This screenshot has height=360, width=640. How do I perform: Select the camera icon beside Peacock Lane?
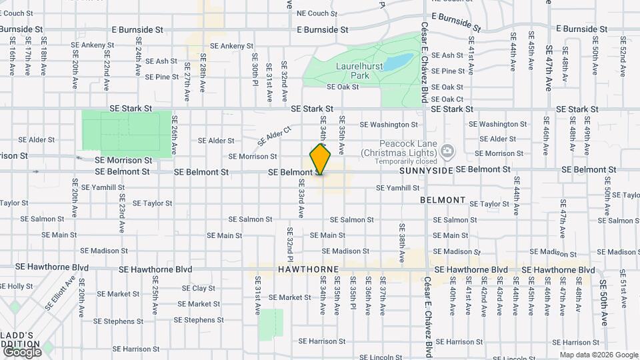coord(447,149)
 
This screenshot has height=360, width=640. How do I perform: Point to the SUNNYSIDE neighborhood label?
coord(426,171)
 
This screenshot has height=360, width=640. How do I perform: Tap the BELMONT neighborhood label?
coord(443,200)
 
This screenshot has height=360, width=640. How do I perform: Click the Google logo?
coord(22,351)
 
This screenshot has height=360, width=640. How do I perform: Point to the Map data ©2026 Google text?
coord(598,354)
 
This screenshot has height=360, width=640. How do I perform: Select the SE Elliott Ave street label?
coord(59,293)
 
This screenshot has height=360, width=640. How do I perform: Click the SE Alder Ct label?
coord(275,137)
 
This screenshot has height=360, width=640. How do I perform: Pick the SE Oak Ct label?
coord(447,99)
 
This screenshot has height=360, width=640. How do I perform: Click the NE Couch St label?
coord(317,13)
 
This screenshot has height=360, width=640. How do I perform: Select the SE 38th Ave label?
coord(402,237)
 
